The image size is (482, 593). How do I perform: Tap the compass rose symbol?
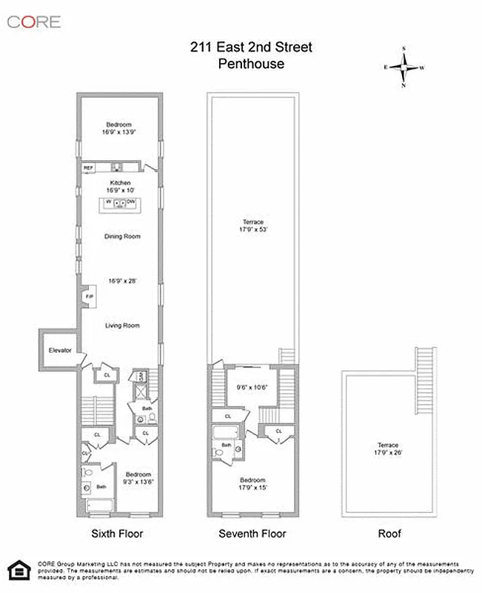[x=404, y=67]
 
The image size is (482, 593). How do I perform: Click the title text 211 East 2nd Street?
[x=251, y=47]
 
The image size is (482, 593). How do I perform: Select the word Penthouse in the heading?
[x=251, y=64]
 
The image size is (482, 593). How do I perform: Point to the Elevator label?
[x=60, y=350]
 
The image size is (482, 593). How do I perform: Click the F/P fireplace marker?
[x=89, y=296]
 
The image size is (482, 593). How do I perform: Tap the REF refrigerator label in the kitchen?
[x=88, y=168]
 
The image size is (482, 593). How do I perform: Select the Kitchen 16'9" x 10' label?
[x=121, y=187]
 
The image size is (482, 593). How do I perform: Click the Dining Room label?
[x=121, y=236]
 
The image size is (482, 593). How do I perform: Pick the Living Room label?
[x=121, y=325]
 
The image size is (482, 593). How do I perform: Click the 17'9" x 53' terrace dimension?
[x=252, y=229]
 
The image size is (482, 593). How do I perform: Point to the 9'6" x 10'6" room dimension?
[x=250, y=387]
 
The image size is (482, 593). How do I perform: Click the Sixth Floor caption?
[x=117, y=534]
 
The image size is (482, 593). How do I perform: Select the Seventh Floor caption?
[x=252, y=534]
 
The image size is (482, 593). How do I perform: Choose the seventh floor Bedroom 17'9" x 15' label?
[x=252, y=483]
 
